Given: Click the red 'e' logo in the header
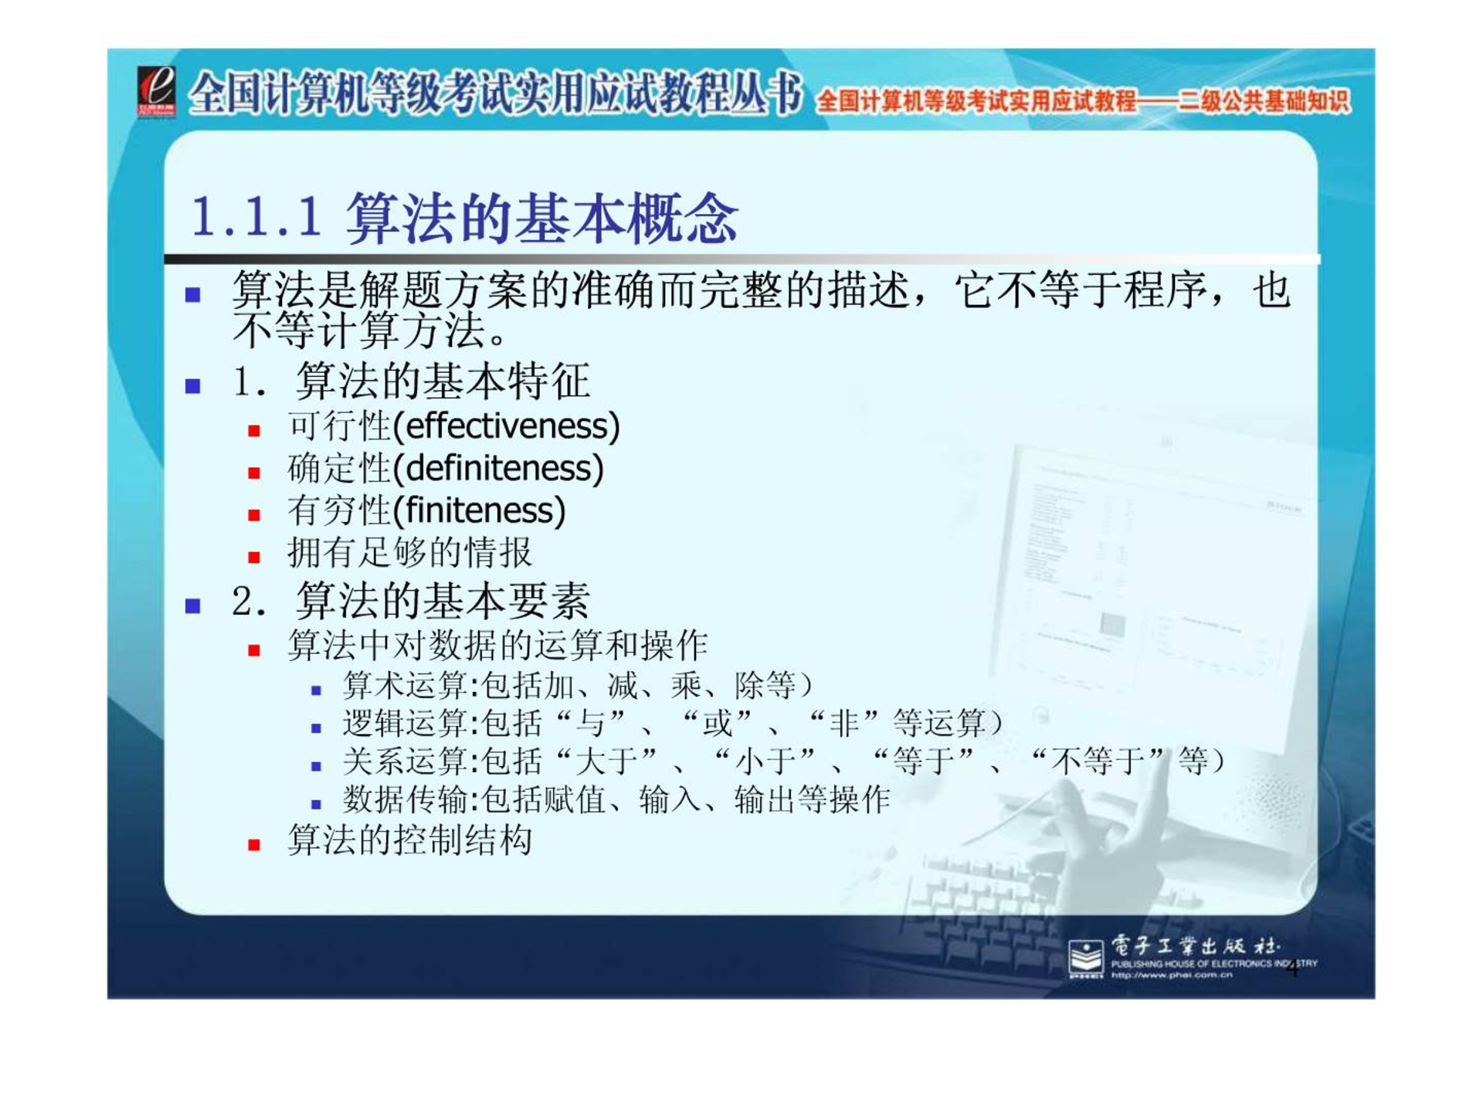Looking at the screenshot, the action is pyautogui.click(x=156, y=91).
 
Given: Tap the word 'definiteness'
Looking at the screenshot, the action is pyautogui.click(x=498, y=468).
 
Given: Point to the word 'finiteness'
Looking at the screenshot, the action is pyautogui.click(x=480, y=510).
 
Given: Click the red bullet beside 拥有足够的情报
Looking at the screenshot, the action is pyautogui.click(x=254, y=557).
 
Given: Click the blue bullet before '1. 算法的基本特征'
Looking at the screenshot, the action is pyautogui.click(x=193, y=385).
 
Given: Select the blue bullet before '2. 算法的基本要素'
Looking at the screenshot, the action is pyautogui.click(x=193, y=605).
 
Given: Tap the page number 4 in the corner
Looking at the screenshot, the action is pyautogui.click(x=1293, y=968).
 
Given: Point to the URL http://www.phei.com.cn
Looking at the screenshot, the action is pyautogui.click(x=1172, y=975).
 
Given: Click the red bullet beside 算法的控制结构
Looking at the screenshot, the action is pyautogui.click(x=254, y=845).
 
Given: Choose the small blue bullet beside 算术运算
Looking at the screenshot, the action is pyautogui.click(x=316, y=690).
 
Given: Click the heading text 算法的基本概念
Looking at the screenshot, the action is pyautogui.click(x=542, y=217).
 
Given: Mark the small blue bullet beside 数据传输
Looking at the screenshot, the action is pyautogui.click(x=316, y=805).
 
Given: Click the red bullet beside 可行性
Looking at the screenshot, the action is pyautogui.click(x=254, y=431).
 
